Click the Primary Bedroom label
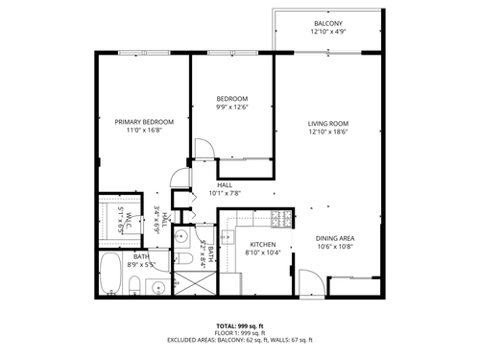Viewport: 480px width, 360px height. [x=144, y=122]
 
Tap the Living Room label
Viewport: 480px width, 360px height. [x=327, y=124]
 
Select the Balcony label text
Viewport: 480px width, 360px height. [x=327, y=24]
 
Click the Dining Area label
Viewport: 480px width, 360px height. [x=335, y=238]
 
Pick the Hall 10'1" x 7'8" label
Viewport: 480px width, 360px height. [x=225, y=184]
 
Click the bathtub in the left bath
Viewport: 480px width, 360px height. [x=110, y=277]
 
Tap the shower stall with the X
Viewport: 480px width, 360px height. [x=195, y=282]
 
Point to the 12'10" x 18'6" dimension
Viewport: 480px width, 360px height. [x=327, y=133]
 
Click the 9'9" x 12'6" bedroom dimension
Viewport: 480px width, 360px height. [x=232, y=108]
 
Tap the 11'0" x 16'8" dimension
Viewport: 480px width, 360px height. [x=144, y=132]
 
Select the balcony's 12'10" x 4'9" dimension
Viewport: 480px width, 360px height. [x=327, y=33]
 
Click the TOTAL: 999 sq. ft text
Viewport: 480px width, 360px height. [x=240, y=327]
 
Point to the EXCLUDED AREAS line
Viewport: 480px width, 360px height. [x=240, y=341]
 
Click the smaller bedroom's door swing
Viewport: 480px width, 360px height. [x=204, y=150]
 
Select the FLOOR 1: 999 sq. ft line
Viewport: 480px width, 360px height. [x=240, y=334]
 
